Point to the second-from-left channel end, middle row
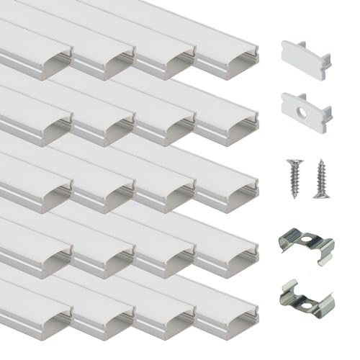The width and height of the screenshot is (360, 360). pyautogui.click(x=104, y=188)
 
